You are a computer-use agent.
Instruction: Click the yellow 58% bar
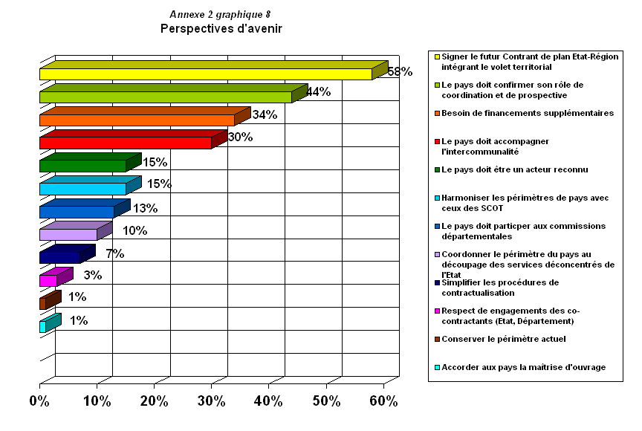pos(205,74)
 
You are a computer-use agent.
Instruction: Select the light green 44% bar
pos(165,97)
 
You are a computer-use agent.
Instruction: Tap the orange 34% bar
pos(137,120)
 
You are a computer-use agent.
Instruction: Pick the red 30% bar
pos(125,143)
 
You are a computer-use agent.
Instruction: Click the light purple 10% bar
pos(68,235)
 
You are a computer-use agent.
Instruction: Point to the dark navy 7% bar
pos(59,257)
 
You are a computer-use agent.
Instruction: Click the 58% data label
pos(400,71)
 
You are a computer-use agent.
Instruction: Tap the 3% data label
pos(93,276)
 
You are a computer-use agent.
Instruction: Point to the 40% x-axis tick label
pos(268,401)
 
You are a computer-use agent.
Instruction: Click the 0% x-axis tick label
pos(39,401)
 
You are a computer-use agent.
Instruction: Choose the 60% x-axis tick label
pos(383,401)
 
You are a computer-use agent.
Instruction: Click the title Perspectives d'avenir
pos(221,29)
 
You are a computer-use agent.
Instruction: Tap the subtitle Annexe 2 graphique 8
pos(220,15)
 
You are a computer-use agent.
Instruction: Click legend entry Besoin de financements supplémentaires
pos(528,113)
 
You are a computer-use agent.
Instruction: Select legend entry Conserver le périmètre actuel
pos(503,339)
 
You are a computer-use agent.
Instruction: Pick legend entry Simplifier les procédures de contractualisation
pos(499,287)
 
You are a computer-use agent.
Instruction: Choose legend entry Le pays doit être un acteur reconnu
pos(514,169)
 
